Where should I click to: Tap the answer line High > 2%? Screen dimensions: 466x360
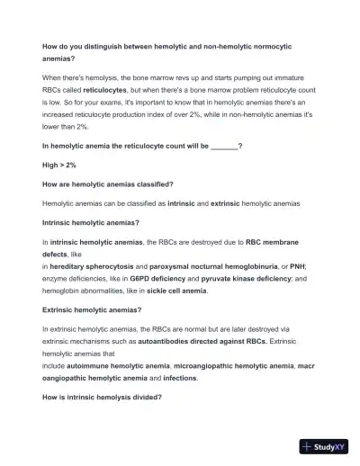[x=59, y=164]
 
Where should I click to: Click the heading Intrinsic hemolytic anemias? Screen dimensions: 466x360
[x=91, y=222]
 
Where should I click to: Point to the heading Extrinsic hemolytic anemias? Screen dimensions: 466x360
[x=92, y=309]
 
